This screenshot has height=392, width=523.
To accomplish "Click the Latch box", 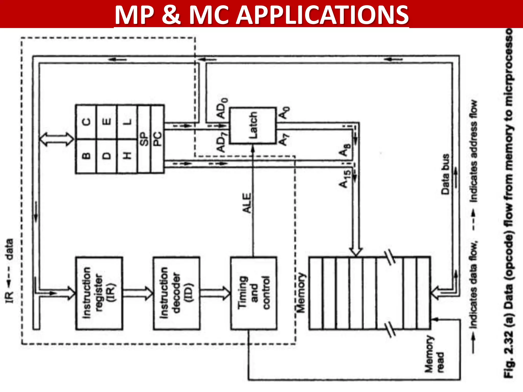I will coord(253,126).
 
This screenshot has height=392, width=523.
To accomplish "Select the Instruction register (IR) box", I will coord(99,293).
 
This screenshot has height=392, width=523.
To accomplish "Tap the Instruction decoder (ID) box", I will coord(176,293).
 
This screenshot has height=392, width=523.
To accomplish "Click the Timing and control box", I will coord(254,293).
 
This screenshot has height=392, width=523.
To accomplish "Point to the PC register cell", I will coord(158,139).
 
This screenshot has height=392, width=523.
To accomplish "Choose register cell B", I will coord(86,156).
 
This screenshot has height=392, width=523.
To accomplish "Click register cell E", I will coord(107,122).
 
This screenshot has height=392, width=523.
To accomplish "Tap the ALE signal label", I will coord(247,203).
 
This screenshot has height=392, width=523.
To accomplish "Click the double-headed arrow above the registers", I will coord(57,139).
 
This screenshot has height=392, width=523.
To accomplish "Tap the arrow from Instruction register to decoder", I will coord(138,293).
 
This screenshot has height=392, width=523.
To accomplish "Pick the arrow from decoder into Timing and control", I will coord(215,293).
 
